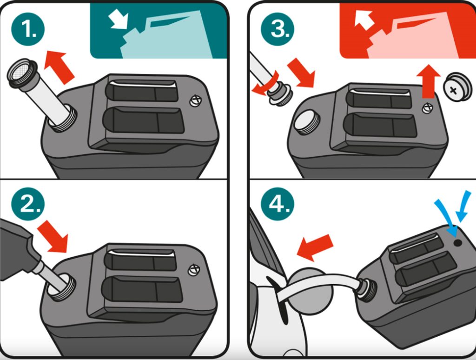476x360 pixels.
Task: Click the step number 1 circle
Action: pos(28,29)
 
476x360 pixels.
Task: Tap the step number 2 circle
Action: pos(28,204)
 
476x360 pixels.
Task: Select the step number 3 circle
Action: pos(278,29)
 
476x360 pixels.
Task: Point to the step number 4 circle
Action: pos(278,204)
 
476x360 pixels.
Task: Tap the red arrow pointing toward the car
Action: pos(315,247)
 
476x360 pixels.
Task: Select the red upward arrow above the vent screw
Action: pos(428,81)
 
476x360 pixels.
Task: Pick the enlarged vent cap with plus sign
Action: pos(457,87)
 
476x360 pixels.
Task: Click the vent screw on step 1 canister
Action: pos(196,100)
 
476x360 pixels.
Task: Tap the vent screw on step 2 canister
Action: pos(194,270)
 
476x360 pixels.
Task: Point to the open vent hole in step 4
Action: pos(457,243)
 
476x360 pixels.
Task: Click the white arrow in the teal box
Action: pos(119,20)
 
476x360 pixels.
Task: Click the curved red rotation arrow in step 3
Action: pos(264,84)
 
